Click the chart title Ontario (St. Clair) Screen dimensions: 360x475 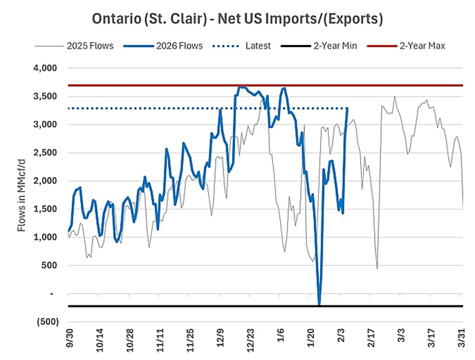coord(237,15)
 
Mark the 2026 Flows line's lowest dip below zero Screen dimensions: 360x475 coord(319,304)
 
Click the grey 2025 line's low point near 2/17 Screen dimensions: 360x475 coord(377,268)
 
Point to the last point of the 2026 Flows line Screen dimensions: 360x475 coord(347,108)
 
